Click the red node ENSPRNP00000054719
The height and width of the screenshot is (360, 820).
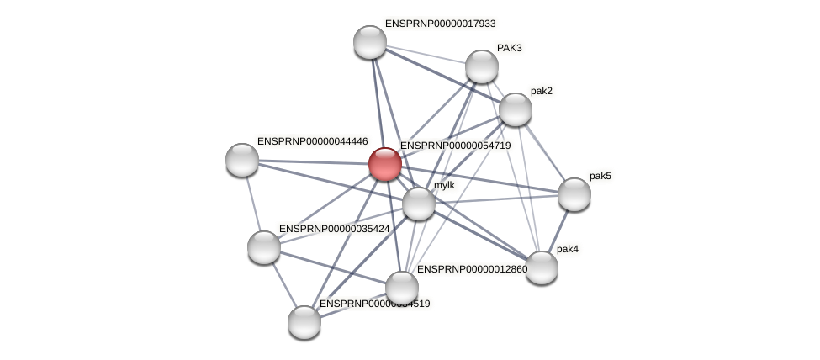tap(385, 164)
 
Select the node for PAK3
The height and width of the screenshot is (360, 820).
tap(482, 66)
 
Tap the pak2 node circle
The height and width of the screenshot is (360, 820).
tap(516, 109)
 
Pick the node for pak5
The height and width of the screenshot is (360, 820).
tap(574, 194)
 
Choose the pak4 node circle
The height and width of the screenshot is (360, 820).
tap(542, 267)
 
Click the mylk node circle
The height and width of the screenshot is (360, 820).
tap(419, 204)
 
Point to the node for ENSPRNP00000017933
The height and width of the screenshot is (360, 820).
tap(370, 42)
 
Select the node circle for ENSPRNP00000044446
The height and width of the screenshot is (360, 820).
tap(242, 160)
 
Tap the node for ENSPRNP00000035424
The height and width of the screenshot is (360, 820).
tap(264, 247)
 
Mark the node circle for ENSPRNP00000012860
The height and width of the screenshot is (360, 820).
tap(402, 287)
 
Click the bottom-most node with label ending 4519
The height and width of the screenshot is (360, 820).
tap(304, 322)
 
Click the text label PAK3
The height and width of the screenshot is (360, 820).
tap(509, 48)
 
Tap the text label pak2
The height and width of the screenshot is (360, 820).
tap(541, 91)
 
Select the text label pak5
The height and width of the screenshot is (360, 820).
tap(600, 176)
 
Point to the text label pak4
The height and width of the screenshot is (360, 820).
tap(568, 249)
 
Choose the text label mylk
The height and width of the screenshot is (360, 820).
tap(444, 185)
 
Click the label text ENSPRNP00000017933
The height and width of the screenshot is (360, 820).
tap(440, 24)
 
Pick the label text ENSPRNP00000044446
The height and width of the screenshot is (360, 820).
tap(312, 141)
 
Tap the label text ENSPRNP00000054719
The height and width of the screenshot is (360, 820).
tap(455, 146)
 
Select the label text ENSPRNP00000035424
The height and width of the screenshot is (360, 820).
tap(334, 229)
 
